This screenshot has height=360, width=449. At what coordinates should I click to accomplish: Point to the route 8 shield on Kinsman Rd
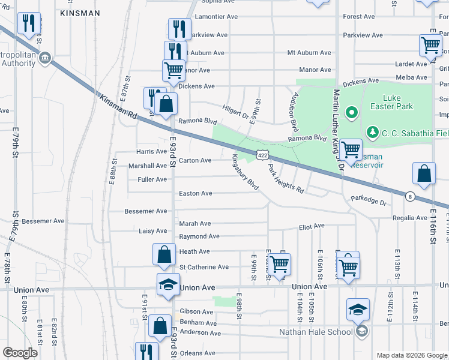pos(409,196)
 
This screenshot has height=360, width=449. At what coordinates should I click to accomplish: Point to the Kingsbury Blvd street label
pos(245,173)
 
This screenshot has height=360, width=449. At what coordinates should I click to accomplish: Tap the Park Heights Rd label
pos(286,179)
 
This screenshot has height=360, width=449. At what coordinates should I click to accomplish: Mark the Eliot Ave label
pos(312,226)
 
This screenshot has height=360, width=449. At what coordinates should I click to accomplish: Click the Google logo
pos(20,353)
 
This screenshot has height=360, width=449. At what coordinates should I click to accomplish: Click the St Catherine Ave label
pos(204,267)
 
